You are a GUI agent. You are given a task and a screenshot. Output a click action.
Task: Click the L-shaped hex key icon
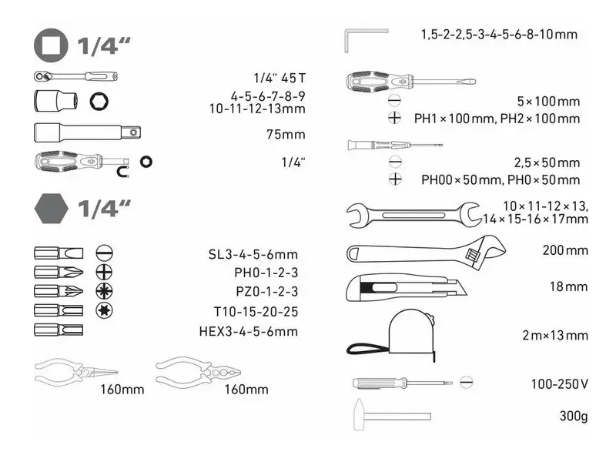(x=367, y=41)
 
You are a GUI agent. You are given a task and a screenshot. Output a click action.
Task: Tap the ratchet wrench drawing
(x=75, y=76)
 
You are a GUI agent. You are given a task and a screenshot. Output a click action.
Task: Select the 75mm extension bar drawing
(x=87, y=132)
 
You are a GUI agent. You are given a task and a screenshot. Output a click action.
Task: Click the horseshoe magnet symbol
(x=123, y=172)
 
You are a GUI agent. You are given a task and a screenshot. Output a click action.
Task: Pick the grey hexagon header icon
(x=51, y=208)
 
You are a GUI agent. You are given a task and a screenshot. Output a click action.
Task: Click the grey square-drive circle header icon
(x=51, y=46)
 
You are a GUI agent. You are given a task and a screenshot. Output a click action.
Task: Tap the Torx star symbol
(x=104, y=310)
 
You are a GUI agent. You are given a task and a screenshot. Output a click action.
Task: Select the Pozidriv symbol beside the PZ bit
(x=104, y=291)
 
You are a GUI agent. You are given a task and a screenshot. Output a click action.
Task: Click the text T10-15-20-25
(x=256, y=312)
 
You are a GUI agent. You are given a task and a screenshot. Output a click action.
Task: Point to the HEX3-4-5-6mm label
(x=248, y=331)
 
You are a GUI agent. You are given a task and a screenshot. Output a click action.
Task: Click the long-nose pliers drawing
(x=75, y=371)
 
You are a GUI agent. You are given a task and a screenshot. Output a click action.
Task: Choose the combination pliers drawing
(x=199, y=371)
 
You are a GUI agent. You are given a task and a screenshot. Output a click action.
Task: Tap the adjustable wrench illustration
(x=427, y=253)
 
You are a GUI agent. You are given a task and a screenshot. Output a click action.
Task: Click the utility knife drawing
(x=407, y=288)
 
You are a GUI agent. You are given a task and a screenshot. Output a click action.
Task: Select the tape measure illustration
(x=392, y=335)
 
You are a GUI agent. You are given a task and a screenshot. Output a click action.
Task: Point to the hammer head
(x=359, y=414)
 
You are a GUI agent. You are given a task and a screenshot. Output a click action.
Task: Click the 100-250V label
(x=560, y=383)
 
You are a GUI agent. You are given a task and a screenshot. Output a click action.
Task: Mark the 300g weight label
(x=574, y=416)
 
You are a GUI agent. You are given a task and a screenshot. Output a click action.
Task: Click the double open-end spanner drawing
(x=414, y=215)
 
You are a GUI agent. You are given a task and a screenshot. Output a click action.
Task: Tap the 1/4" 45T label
(x=280, y=78)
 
